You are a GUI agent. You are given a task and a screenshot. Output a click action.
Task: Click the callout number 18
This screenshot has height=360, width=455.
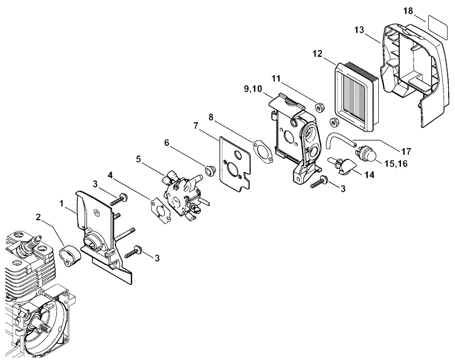pos(408,11)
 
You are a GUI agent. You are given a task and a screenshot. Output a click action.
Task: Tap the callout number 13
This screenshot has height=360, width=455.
pos(359,30)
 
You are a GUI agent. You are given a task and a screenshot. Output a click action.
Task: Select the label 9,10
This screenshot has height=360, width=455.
pos(253,89)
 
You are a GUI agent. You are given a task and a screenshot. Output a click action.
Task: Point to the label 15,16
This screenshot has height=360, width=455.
pos(396,164)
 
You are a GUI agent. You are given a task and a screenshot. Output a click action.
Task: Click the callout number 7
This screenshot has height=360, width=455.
pos(196,126)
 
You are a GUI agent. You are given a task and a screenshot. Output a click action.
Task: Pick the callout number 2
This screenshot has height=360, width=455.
pos(38,217)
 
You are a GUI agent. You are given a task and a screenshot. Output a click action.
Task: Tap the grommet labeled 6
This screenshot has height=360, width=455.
pos(209,171)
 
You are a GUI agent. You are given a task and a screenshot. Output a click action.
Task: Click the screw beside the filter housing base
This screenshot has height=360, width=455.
pos(319,182)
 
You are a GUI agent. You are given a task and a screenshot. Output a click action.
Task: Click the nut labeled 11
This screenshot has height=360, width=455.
pos(320,107)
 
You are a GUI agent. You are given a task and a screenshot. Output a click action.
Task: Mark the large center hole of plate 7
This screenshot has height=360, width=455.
pos(234,169)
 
